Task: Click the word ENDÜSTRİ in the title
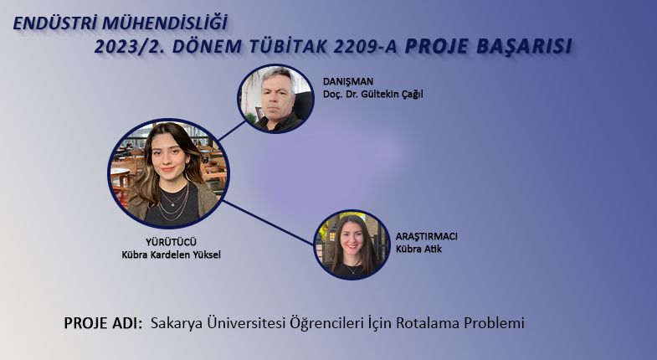pyautogui.click(x=55, y=23)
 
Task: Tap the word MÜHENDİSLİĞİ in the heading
pyautogui.click(x=165, y=23)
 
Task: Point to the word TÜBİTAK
pyautogui.click(x=288, y=47)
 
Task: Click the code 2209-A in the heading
pyautogui.click(x=365, y=47)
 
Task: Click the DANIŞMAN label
pyautogui.click(x=348, y=81)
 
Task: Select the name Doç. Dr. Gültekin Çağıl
pyautogui.click(x=372, y=95)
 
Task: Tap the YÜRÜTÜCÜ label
pyautogui.click(x=171, y=242)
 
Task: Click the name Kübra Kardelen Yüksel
pyautogui.click(x=171, y=255)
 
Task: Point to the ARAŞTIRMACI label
pyautogui.click(x=427, y=236)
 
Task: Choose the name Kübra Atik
pyautogui.click(x=418, y=249)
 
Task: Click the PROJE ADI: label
pyautogui.click(x=103, y=323)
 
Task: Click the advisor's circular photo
pyautogui.click(x=275, y=99)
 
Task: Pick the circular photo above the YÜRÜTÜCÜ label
pyautogui.click(x=168, y=173)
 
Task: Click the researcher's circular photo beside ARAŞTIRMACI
pyautogui.click(x=352, y=244)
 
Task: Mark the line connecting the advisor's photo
pyautogui.click(x=232, y=131)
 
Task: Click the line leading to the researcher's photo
pyautogui.click(x=268, y=223)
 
